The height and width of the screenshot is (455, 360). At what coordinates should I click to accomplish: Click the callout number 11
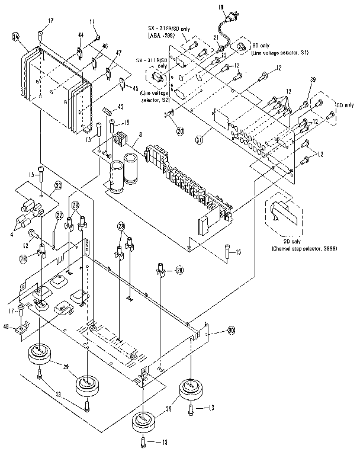[x=92, y=22]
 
